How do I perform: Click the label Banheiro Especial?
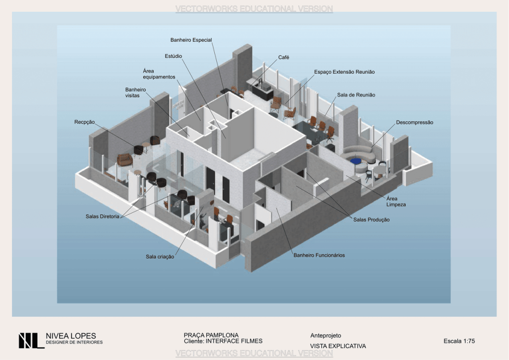191,40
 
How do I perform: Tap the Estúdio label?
173,56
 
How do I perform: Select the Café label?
283,57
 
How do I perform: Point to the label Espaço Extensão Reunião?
344,72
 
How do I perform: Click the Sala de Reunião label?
356,95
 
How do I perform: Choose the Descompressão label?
415,122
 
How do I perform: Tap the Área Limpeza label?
396,201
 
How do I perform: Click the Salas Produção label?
371,220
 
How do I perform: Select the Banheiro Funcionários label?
319,255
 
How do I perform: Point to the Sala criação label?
160,257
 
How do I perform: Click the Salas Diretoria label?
102,216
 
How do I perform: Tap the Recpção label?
85,122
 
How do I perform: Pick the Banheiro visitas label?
135,92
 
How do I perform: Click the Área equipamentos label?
159,74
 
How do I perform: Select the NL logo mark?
31,341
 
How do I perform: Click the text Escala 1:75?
459,341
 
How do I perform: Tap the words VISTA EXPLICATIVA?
338,347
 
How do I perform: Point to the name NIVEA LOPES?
71,336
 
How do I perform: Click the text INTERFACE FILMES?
234,341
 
